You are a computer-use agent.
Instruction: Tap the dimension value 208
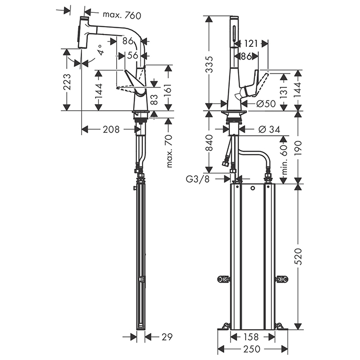coord(111,129)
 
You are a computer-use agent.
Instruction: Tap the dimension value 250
coord(250,349)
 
